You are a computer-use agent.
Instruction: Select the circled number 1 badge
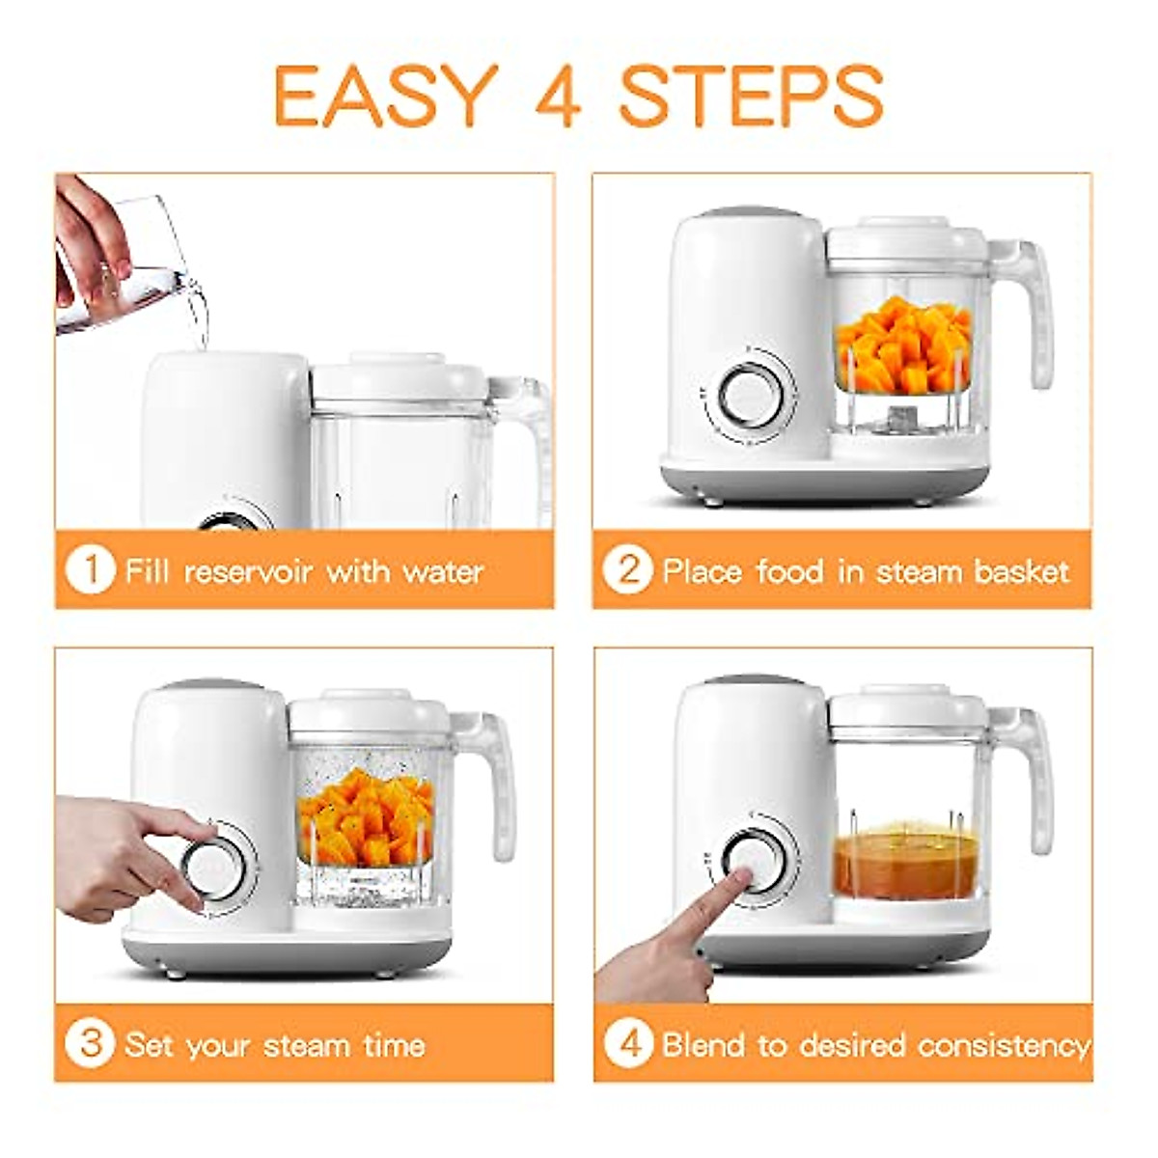[x=90, y=570]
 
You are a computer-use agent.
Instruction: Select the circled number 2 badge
[x=627, y=570]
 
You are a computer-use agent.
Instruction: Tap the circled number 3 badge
[x=90, y=1043]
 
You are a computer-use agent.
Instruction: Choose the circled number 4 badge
[x=628, y=1043]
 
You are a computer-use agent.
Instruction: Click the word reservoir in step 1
[x=250, y=572]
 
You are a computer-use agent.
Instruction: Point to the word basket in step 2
[x=1021, y=572]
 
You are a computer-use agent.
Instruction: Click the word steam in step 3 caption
[x=307, y=1046]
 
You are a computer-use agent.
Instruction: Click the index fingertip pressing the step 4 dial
[x=740, y=875]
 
